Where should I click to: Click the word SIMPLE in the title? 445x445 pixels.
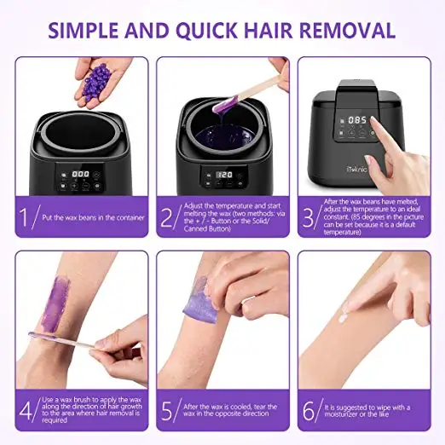[x=83, y=30]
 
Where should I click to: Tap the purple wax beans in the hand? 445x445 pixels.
[x=95, y=82]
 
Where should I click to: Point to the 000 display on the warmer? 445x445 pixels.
[x=80, y=174]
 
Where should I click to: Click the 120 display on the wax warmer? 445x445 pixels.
[x=225, y=175]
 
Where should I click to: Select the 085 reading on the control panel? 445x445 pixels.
[x=357, y=120]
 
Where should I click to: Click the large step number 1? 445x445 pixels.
[x=24, y=217]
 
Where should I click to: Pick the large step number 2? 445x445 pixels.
[x=166, y=217]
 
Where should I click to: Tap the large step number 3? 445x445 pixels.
[x=308, y=217]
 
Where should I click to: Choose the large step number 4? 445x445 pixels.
[x=26, y=411]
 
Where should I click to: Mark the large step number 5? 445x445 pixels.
[x=167, y=411]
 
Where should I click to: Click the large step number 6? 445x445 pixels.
[x=309, y=411]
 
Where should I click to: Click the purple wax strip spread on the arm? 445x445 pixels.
[x=55, y=304]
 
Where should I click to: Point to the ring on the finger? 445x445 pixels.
[x=248, y=300]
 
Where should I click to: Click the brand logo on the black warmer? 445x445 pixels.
[x=356, y=170]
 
